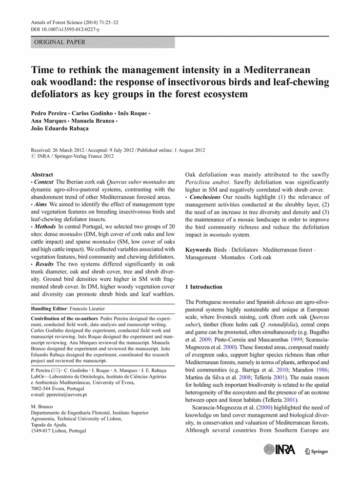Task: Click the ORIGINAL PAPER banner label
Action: [60, 42]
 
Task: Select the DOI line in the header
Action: [65, 30]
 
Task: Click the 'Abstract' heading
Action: [42, 174]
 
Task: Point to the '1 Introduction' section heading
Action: [203, 287]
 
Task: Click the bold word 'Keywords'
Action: [198, 250]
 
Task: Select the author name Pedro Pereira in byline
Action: [51, 113]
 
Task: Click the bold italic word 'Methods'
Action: [44, 227]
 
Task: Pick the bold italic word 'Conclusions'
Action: [205, 197]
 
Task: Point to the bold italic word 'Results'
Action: [44, 264]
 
